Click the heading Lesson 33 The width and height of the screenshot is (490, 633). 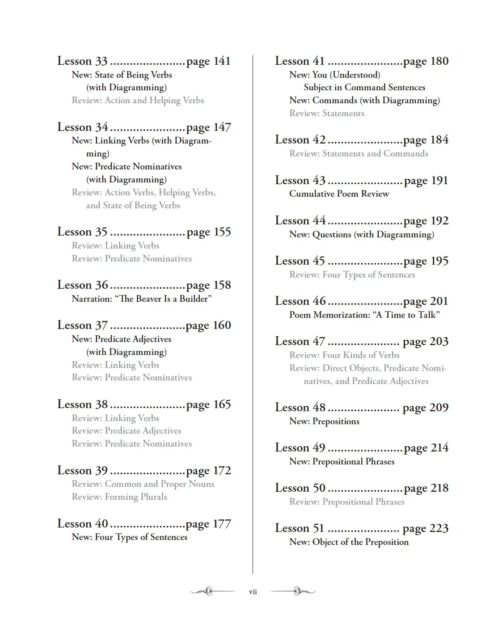[x=82, y=61]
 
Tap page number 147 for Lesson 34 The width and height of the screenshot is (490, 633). [x=208, y=127]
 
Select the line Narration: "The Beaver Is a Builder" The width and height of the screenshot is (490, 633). [x=142, y=299]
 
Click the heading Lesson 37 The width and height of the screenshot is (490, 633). [x=82, y=325]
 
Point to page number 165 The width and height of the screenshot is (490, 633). [x=208, y=405]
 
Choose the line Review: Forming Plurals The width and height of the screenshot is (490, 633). [x=119, y=497]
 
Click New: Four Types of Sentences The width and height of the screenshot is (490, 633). [x=130, y=537]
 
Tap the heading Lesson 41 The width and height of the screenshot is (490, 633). [x=300, y=61]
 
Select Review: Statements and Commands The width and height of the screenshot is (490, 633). [x=359, y=153]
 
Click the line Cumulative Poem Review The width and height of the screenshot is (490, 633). [x=339, y=194]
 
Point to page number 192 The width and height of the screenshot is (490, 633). [x=426, y=221]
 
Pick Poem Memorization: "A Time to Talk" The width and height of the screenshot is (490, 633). [x=364, y=315]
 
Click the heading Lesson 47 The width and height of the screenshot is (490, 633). [x=300, y=342]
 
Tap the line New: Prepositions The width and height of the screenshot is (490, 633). [x=324, y=421]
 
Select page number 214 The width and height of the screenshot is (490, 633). [x=426, y=448]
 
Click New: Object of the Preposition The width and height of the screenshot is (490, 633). [x=349, y=542]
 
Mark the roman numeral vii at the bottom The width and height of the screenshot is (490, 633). [x=253, y=592]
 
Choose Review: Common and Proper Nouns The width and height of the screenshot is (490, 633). [x=143, y=484]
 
